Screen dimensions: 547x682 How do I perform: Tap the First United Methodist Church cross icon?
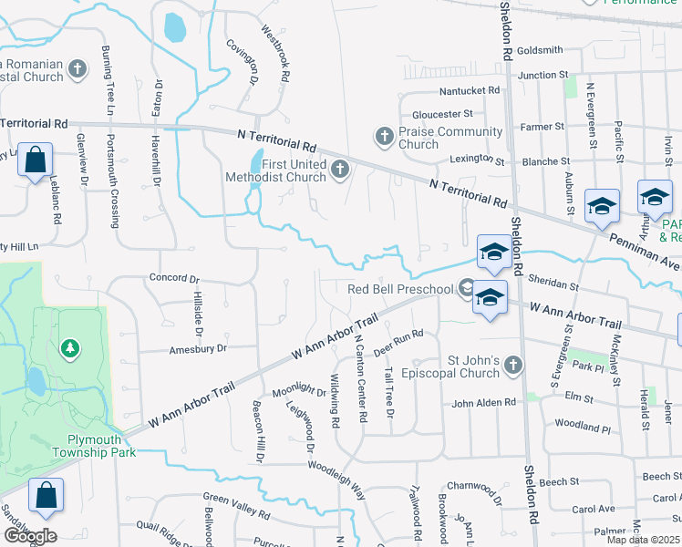click(340, 170)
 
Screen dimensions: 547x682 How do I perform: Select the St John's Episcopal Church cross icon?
click(512, 366)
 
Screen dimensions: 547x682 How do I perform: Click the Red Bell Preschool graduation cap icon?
click(467, 289)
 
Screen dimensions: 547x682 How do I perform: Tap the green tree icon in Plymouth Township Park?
click(69, 348)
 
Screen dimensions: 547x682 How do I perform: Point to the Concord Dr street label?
click(173, 278)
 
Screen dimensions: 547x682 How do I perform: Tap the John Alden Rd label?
click(483, 402)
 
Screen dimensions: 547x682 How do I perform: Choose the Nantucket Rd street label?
click(470, 91)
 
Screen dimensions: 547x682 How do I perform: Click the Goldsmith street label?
click(539, 50)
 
